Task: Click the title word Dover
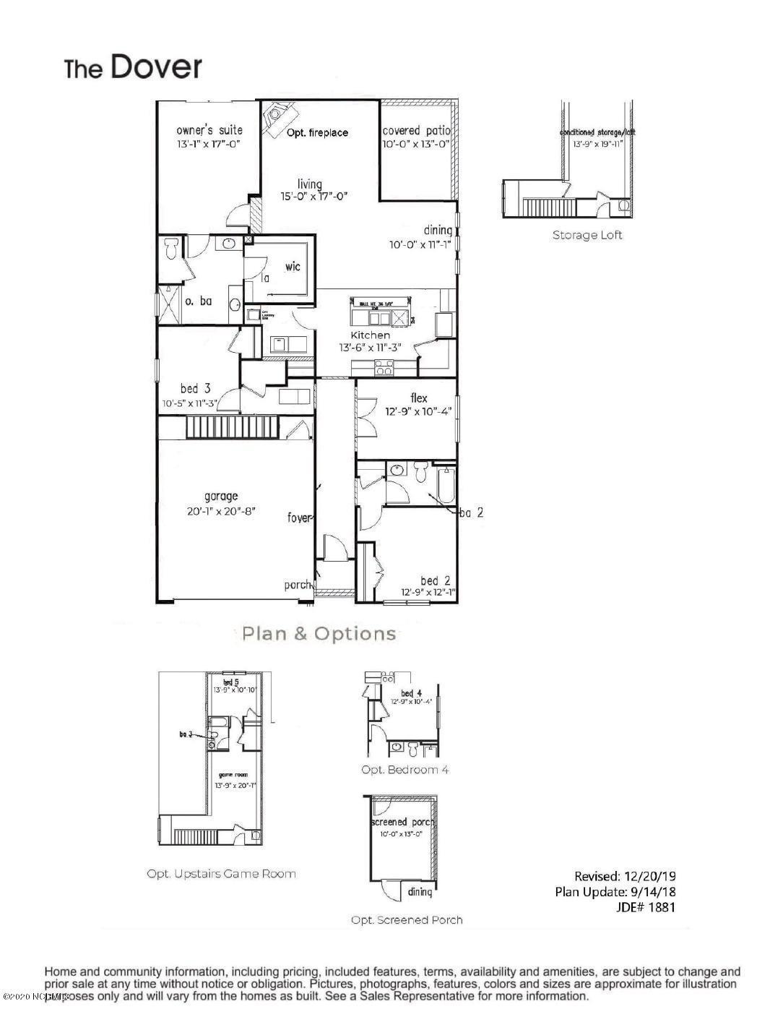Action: coord(155,67)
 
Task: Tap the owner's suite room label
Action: coord(209,130)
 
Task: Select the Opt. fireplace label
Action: coord(317,132)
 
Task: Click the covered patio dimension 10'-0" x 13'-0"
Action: coord(416,144)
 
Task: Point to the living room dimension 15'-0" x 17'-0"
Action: coord(310,196)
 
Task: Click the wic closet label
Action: coord(293,266)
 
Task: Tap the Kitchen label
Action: coord(371,335)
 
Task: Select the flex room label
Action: coord(418,398)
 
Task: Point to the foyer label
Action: coord(299,518)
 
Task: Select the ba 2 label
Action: coord(471,512)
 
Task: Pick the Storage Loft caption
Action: coord(587,235)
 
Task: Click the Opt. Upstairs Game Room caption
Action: coord(221,873)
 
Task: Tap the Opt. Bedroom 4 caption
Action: coord(405,770)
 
